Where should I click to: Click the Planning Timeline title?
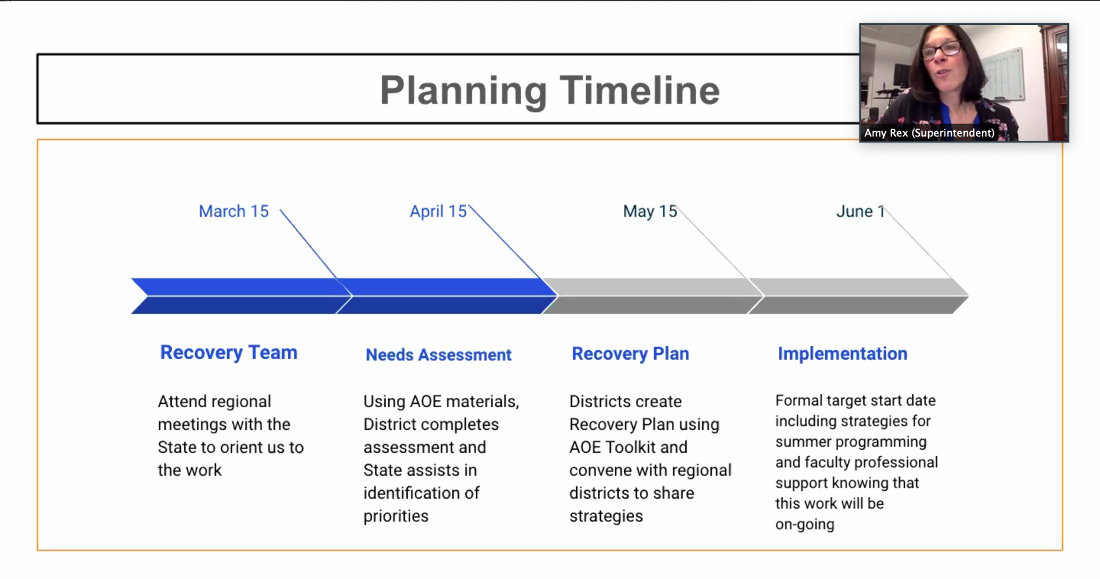click(x=549, y=90)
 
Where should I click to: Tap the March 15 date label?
click(x=233, y=211)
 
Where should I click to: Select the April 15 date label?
click(x=438, y=211)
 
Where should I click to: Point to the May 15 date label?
click(x=650, y=211)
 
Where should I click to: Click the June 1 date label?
click(x=860, y=211)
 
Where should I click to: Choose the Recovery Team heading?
click(x=228, y=352)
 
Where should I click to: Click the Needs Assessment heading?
click(x=438, y=355)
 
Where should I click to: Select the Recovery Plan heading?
click(x=630, y=353)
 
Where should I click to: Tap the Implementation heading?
click(x=842, y=353)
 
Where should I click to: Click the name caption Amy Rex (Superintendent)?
click(x=929, y=133)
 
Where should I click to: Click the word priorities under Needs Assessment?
click(x=396, y=516)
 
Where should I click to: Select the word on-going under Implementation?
click(x=804, y=524)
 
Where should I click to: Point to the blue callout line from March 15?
click(x=308, y=244)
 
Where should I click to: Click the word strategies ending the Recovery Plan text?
click(x=606, y=516)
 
